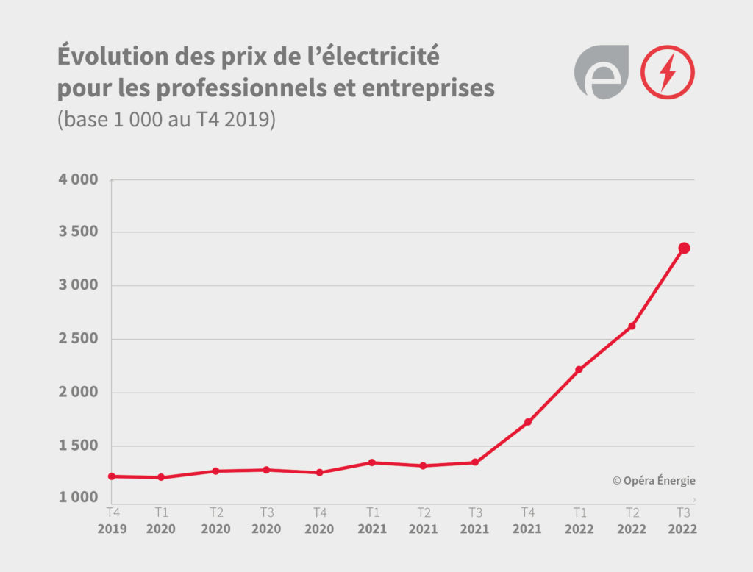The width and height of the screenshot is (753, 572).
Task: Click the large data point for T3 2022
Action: (x=684, y=248)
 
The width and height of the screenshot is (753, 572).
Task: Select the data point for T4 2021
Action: (x=528, y=422)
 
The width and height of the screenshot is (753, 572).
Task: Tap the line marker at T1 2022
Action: (x=579, y=369)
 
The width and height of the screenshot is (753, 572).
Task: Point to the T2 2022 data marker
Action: (x=632, y=326)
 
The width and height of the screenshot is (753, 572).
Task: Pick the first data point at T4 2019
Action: (x=112, y=476)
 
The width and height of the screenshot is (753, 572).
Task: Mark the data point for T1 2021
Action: (x=372, y=462)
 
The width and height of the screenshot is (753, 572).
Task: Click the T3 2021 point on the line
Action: (x=475, y=462)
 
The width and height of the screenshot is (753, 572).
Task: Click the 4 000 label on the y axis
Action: (x=78, y=179)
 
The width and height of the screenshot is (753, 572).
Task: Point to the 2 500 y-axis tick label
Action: (x=78, y=339)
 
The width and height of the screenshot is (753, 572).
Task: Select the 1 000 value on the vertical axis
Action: (x=78, y=498)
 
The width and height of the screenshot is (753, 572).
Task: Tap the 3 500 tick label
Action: (x=78, y=232)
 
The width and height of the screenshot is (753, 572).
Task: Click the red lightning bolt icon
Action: (x=668, y=72)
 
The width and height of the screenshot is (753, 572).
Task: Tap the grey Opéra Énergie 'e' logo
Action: (x=601, y=72)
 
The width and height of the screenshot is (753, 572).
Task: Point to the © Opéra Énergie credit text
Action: (x=654, y=481)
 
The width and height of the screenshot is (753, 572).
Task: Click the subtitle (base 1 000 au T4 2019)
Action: (x=166, y=120)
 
